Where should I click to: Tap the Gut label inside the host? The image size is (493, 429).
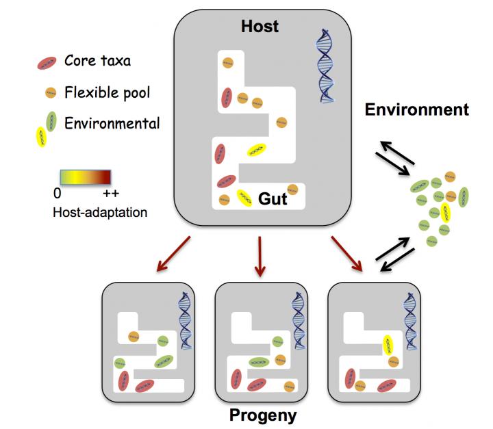coord(272,199)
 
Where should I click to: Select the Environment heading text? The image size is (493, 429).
coord(416,109)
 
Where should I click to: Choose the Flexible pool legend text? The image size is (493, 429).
coord(106,92)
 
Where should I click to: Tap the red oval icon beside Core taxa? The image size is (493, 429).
coord(47,64)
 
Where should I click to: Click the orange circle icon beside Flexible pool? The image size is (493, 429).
coord(50,92)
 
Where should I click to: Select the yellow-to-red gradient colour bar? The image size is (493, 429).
coord(84,178)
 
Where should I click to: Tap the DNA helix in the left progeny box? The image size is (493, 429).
coord(185,321)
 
